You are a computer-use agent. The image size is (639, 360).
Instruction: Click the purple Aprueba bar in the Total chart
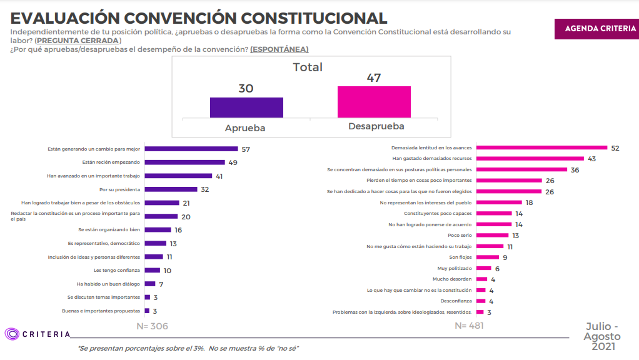pyautogui.click(x=246, y=107)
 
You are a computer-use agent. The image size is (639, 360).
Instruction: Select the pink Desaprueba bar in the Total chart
pyautogui.click(x=374, y=101)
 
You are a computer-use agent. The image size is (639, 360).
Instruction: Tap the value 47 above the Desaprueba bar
pyautogui.click(x=374, y=78)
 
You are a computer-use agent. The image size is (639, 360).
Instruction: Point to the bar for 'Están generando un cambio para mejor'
pyautogui.click(x=191, y=149)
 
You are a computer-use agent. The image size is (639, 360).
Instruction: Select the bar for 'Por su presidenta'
pyautogui.click(x=171, y=189)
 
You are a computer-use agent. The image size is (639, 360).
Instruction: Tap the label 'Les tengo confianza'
pyautogui.click(x=117, y=271)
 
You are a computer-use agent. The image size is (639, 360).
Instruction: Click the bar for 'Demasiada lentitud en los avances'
pyautogui.click(x=541, y=147)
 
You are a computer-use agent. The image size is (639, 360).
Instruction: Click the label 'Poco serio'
pyautogui.click(x=460, y=235)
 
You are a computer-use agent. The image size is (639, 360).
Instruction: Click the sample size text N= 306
pyautogui.click(x=152, y=326)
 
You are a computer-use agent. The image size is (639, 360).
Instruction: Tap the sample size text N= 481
pyautogui.click(x=468, y=326)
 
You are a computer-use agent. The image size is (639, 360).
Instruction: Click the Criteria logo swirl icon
pyautogui.click(x=12, y=334)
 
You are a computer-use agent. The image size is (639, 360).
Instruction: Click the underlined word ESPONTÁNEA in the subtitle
pyautogui.click(x=279, y=49)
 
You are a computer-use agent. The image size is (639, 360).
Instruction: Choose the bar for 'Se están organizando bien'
pyautogui.click(x=158, y=230)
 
